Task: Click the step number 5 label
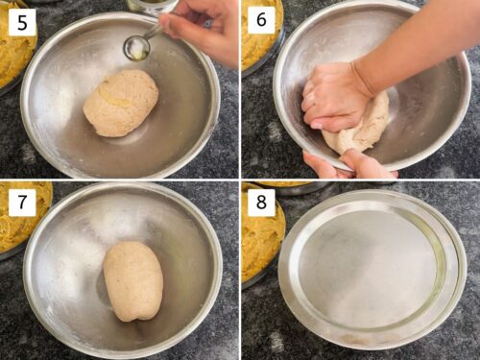(21, 21)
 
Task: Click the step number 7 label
(21, 203)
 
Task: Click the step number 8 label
(262, 203)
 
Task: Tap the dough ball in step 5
(120, 103)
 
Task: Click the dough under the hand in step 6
(365, 130)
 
